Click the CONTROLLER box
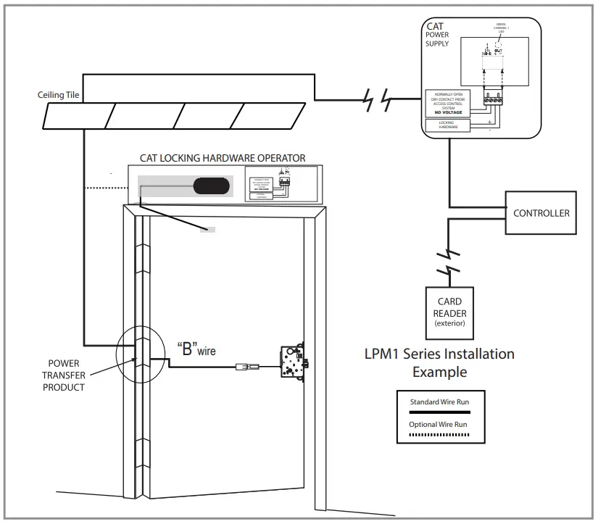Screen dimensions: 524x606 tap(541, 213)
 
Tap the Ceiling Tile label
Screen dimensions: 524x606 tap(60, 95)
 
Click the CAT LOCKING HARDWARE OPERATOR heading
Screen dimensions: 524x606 tap(222, 157)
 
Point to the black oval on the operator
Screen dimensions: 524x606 tap(212, 186)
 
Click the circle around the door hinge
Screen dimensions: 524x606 tap(140, 357)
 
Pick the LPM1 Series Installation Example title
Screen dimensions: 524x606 tap(439, 362)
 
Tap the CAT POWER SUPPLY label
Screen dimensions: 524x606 tap(437, 35)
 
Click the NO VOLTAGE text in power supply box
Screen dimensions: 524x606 tap(449, 112)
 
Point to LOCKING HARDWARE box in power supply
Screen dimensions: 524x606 tap(448, 125)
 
